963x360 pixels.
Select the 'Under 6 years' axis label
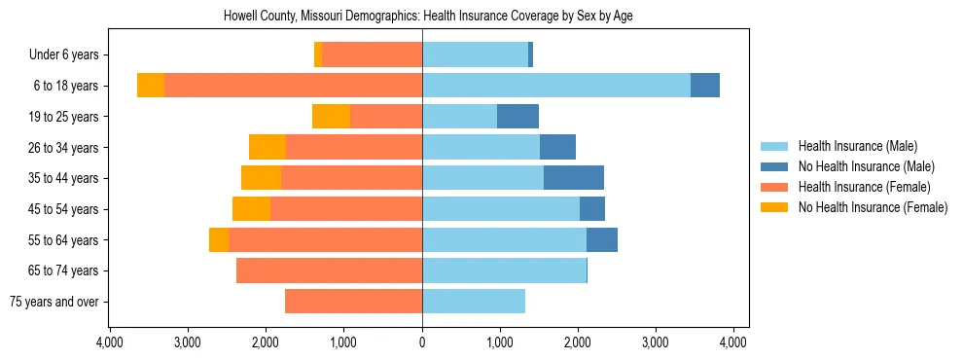(69, 55)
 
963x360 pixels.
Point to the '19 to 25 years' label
(66, 117)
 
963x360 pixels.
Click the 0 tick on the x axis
(422, 342)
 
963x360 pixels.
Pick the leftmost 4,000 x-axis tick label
(110, 342)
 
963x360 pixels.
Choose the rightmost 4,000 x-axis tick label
(732, 342)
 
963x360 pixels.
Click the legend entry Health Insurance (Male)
(857, 146)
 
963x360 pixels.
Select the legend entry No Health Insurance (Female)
(873, 207)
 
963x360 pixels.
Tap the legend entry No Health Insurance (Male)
(866, 166)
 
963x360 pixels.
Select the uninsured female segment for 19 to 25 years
(331, 117)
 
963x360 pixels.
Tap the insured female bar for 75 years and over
(353, 302)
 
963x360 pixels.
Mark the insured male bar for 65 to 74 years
(504, 270)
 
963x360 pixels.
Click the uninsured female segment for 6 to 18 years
(151, 86)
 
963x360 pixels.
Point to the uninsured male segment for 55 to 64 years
(602, 240)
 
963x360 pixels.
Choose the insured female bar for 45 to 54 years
(346, 209)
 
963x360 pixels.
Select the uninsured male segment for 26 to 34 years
(557, 148)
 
